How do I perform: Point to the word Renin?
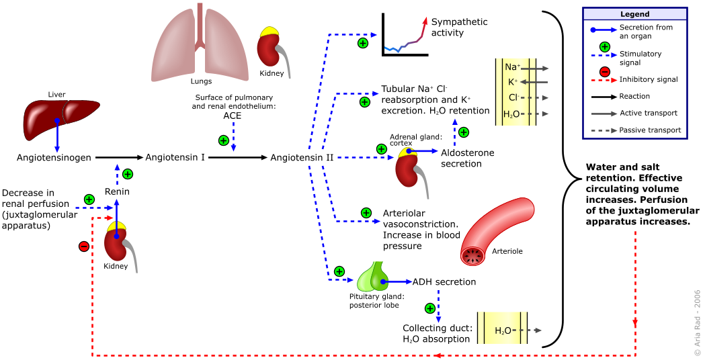tap(117, 192)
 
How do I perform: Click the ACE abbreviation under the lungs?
tap(233, 116)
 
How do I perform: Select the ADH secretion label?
tap(444, 282)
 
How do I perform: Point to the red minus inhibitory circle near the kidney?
tap(84, 246)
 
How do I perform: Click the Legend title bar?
tap(634, 14)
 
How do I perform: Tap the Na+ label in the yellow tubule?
tap(510, 68)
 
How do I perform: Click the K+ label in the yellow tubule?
tap(512, 82)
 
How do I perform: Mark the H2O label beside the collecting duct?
tap(503, 330)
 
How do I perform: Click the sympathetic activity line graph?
tap(403, 35)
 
